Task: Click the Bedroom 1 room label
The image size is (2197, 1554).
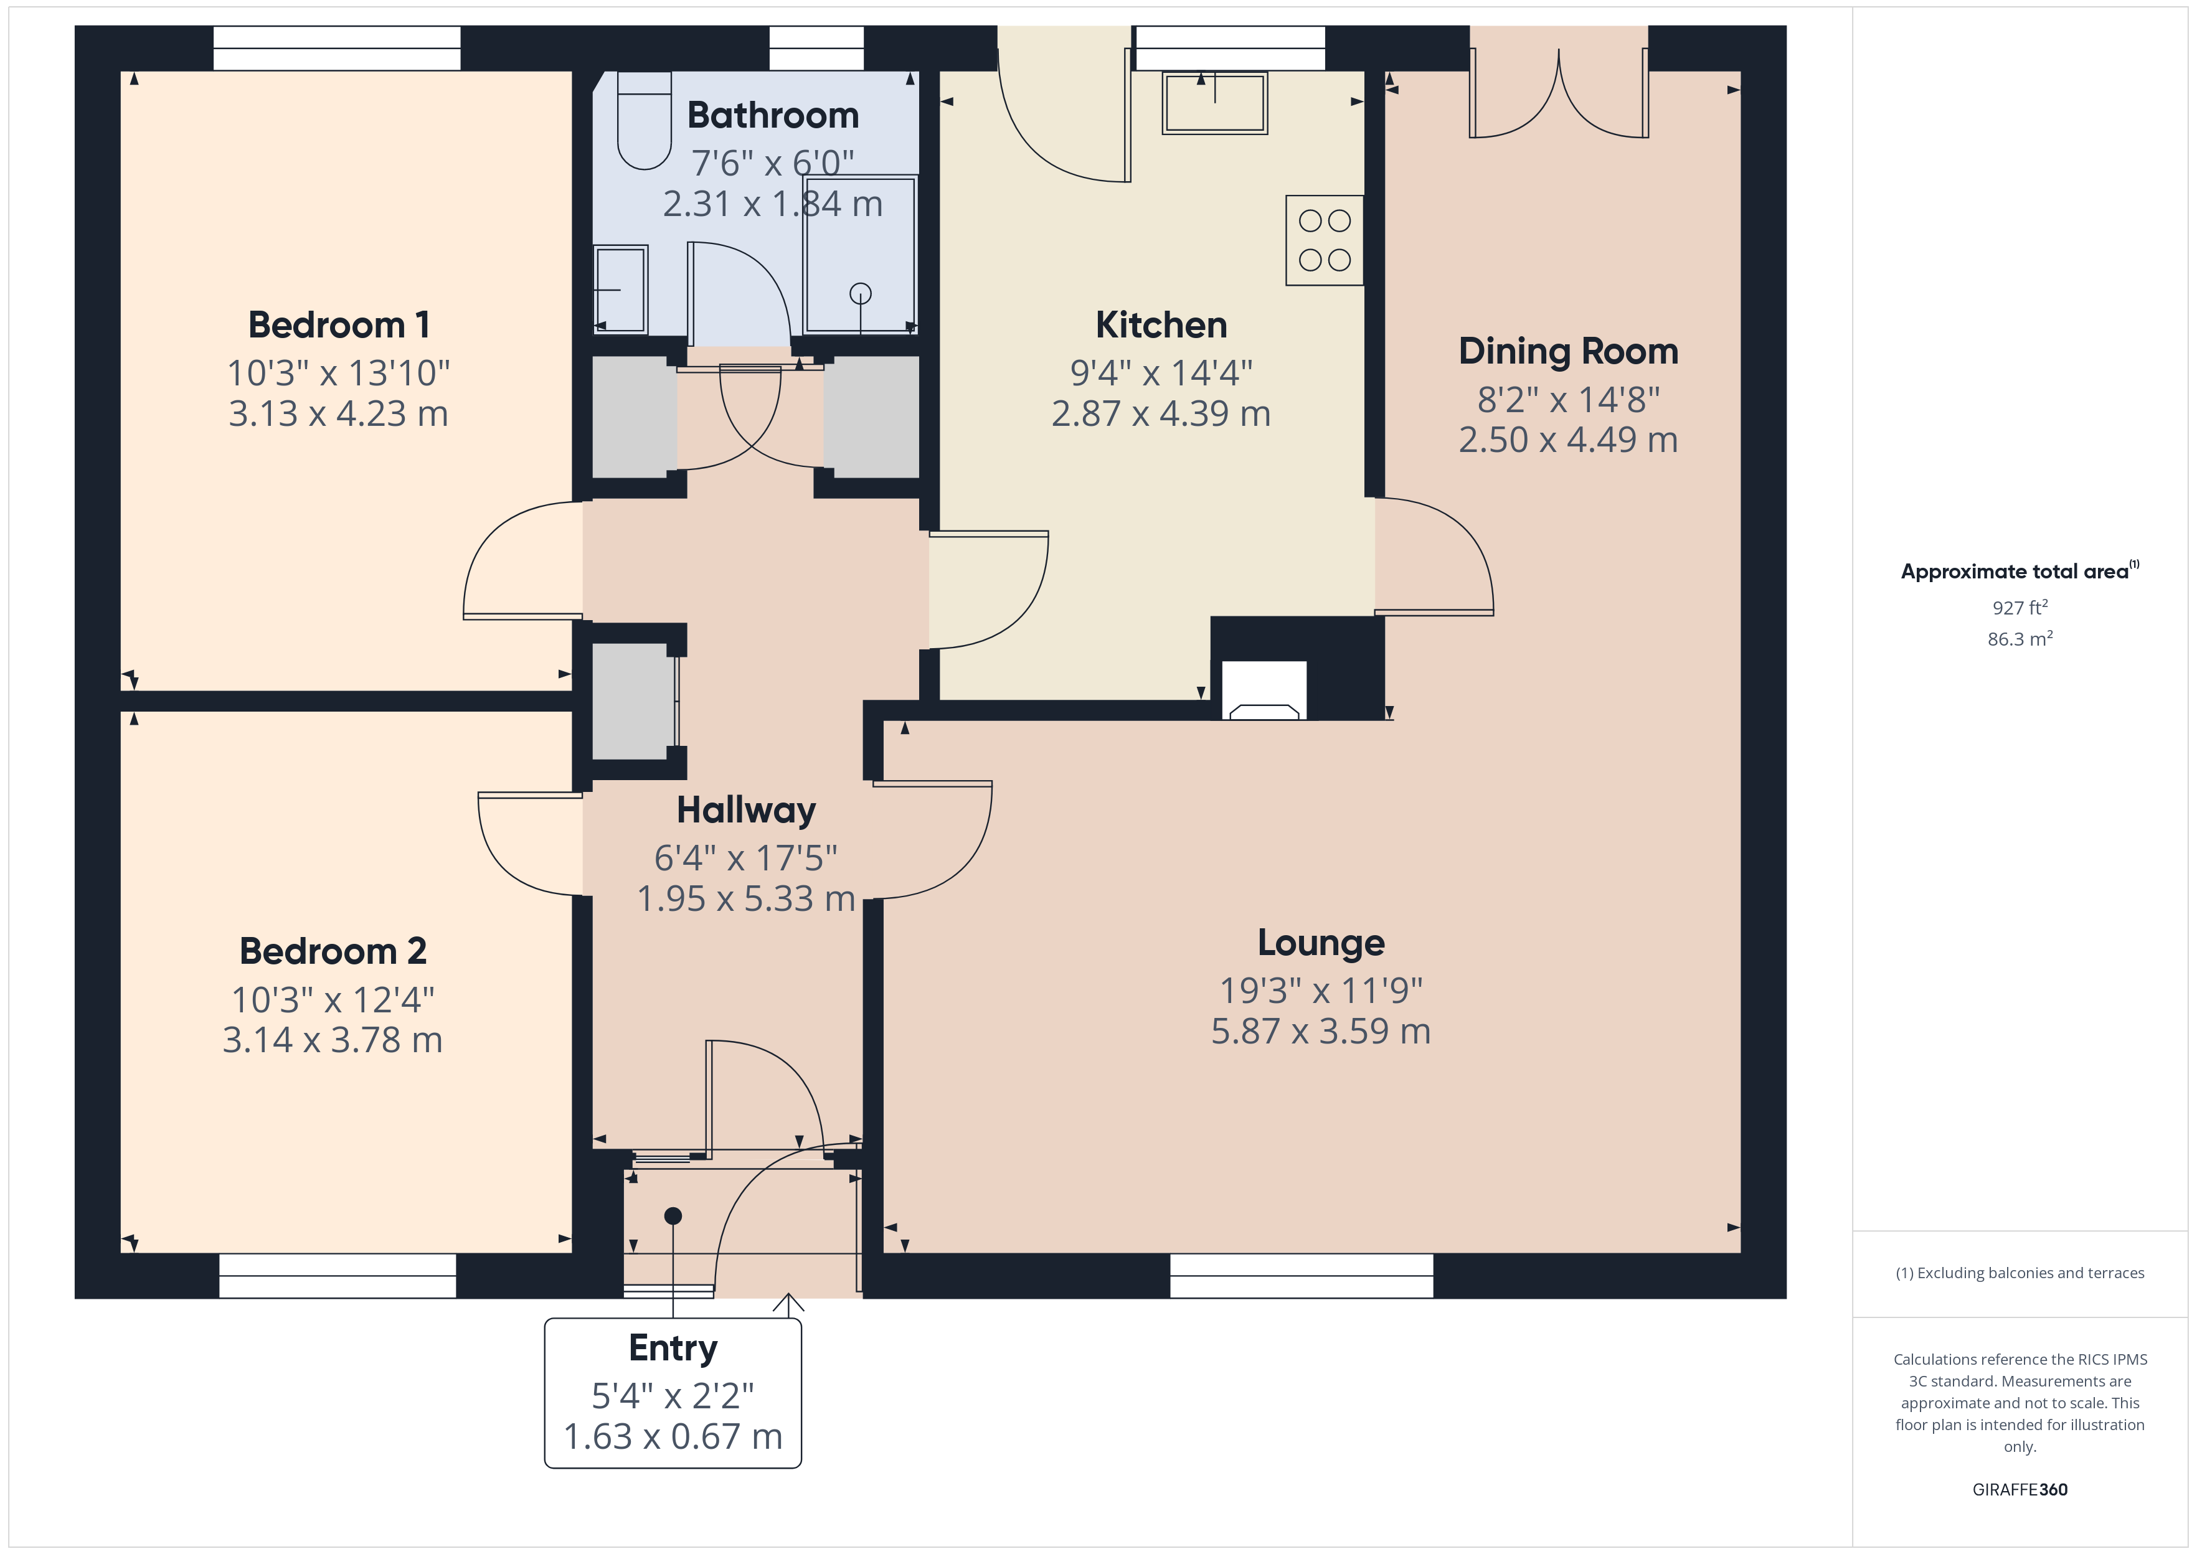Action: [339, 326]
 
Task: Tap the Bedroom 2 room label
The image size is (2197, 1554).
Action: [333, 951]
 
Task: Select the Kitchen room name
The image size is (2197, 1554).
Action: [1161, 326]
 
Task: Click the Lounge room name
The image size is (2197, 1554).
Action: [1320, 943]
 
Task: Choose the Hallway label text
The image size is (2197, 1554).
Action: [747, 811]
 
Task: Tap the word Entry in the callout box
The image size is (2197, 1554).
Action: [673, 1349]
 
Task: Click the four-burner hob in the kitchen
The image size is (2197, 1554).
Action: [1325, 240]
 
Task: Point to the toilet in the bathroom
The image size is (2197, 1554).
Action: [644, 121]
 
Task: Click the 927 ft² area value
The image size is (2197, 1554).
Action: [2020, 608]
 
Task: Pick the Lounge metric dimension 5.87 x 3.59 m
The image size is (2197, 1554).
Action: [1320, 1032]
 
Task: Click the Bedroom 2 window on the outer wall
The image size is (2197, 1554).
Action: [338, 1276]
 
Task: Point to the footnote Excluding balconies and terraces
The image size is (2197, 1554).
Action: [2020, 1273]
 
